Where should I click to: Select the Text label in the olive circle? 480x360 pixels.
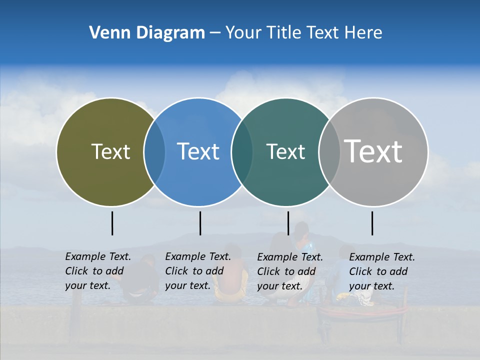(110, 151)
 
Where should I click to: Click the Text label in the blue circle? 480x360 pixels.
(198, 151)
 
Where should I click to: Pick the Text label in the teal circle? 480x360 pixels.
(285, 151)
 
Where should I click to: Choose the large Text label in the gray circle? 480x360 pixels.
(373, 151)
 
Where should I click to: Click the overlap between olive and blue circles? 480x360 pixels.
(154, 152)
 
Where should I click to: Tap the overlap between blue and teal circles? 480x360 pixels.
(242, 152)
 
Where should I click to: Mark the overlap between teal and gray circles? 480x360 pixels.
(329, 152)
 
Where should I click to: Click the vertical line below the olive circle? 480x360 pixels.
(112, 223)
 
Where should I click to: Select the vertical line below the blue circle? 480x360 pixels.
(200, 223)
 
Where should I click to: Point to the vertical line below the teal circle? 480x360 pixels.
(288, 223)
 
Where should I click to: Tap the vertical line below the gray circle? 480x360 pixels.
(372, 223)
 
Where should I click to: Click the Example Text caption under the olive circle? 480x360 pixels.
(97, 271)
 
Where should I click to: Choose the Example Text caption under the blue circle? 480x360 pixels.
(197, 271)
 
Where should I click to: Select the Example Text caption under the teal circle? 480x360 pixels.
(289, 271)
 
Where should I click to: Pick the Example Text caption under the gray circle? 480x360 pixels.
(381, 271)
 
